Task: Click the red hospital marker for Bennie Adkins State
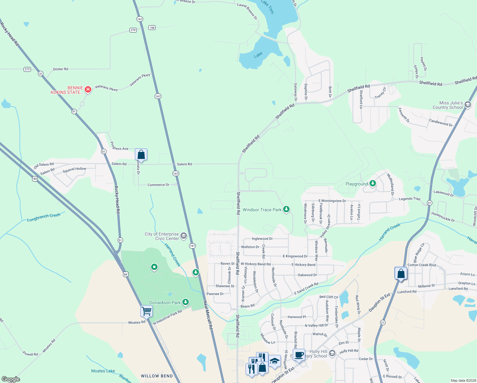click(88, 90)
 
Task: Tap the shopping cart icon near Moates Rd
click(146, 311)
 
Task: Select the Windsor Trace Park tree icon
click(287, 209)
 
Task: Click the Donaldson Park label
click(165, 303)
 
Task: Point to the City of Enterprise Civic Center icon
click(184, 236)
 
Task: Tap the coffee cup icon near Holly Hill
click(299, 355)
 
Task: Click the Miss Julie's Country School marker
click(468, 105)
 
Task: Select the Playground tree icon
click(372, 184)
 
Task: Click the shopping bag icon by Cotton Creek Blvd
click(401, 274)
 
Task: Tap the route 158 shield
click(152, 28)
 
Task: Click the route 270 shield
click(133, 30)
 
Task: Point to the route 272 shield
click(27, 69)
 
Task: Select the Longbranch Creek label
click(44, 217)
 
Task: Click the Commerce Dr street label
click(158, 185)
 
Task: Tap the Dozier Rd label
click(60, 69)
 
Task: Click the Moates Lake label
click(103, 371)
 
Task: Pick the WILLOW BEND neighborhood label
click(157, 376)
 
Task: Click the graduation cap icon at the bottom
click(275, 361)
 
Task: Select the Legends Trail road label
click(410, 199)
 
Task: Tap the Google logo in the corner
click(11, 379)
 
